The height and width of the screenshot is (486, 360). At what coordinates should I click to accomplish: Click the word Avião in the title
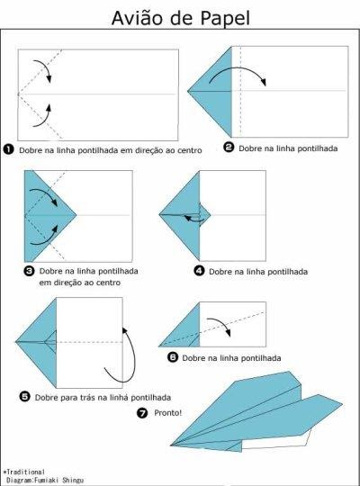138,19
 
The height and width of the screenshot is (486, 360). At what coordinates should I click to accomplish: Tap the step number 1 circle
8,149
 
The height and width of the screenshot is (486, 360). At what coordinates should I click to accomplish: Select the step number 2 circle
229,147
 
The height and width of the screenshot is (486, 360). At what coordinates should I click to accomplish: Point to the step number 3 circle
29,271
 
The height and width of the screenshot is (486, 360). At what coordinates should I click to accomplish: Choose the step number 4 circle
199,271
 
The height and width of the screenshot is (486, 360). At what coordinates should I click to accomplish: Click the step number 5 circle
24,396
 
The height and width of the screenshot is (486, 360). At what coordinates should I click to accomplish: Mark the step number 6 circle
173,357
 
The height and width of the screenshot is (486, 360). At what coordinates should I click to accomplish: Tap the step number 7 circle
142,413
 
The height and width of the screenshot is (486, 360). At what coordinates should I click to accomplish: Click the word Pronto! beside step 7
168,413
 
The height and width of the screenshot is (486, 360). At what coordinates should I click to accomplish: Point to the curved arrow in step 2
238,69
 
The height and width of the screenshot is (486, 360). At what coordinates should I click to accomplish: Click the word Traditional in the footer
26,472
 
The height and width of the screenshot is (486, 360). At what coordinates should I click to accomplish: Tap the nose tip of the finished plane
170,445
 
